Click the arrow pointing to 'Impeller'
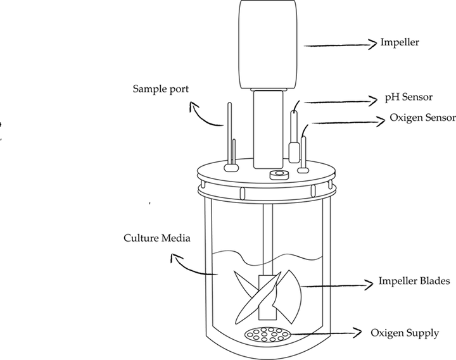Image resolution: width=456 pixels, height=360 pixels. tap(339, 44)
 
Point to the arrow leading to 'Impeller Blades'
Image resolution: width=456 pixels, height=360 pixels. tap(336, 284)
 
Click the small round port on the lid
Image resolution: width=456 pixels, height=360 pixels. tap(276, 173)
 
